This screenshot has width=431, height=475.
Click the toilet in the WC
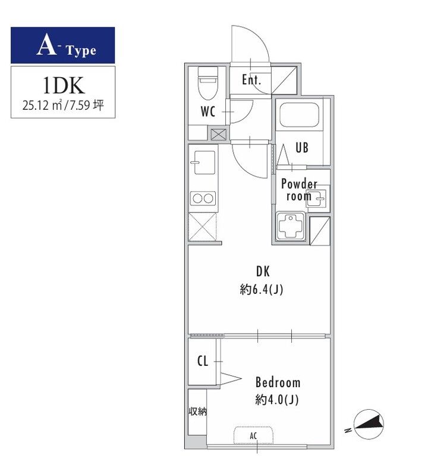pyautogui.click(x=207, y=83)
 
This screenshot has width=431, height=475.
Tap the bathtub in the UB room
pyautogui.click(x=299, y=115)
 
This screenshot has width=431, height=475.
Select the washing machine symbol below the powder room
pyautogui.click(x=291, y=226)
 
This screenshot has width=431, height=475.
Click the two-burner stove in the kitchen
pyautogui.click(x=203, y=199)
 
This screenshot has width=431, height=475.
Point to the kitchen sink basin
pyautogui.click(x=204, y=163)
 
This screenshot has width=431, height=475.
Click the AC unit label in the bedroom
pyautogui.click(x=254, y=436)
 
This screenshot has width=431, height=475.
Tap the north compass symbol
pyautogui.click(x=369, y=424)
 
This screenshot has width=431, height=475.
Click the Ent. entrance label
pyautogui.click(x=251, y=80)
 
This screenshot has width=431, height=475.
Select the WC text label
pyautogui.click(x=207, y=112)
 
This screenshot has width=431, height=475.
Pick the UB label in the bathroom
pyautogui.click(x=302, y=148)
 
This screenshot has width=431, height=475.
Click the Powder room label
pyautogui.click(x=299, y=190)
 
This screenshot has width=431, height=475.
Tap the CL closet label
pyautogui.click(x=203, y=361)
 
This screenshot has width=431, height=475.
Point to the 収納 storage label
pyautogui.click(x=198, y=411)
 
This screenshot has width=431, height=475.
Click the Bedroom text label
pyautogui.click(x=278, y=382)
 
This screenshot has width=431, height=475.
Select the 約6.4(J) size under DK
pyautogui.click(x=262, y=290)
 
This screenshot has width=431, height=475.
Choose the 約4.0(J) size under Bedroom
pyautogui.click(x=277, y=400)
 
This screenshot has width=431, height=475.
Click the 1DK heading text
pyautogui.click(x=64, y=85)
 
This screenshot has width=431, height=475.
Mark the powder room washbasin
pyautogui.click(x=316, y=198)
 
